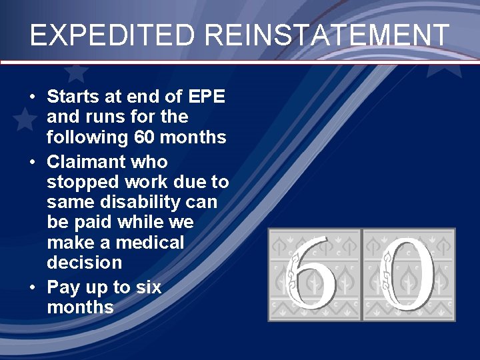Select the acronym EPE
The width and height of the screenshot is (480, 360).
pos(207,97)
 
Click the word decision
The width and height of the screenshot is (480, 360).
pos(85,262)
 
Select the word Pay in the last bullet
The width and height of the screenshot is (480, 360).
pos(63,287)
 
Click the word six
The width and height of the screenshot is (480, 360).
pos(148,287)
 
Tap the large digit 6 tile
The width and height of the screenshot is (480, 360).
pos(313,275)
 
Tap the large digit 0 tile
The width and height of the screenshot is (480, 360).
pos(409,275)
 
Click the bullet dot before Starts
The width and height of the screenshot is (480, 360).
pos(33,97)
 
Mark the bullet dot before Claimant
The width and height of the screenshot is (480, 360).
pos(33,162)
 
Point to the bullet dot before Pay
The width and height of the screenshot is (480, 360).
pos(33,288)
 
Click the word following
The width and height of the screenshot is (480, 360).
pos(85,138)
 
